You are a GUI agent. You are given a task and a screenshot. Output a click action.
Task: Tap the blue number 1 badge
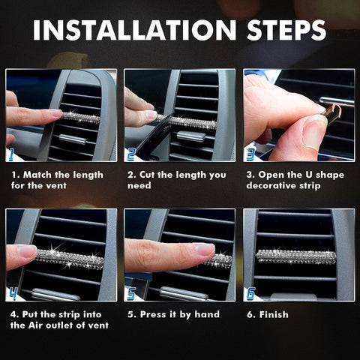click(x=12, y=154)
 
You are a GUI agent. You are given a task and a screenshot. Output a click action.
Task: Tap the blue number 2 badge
click(x=131, y=154)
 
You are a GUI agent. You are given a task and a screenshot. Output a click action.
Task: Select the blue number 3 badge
click(x=250, y=154)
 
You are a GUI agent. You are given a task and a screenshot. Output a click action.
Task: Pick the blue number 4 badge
click(x=12, y=293)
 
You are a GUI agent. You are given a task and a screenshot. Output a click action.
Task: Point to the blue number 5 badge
click(x=131, y=293)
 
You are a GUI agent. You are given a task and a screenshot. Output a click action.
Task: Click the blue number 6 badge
click(x=250, y=293)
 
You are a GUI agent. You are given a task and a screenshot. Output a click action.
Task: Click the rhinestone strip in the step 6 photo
click(x=295, y=256)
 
